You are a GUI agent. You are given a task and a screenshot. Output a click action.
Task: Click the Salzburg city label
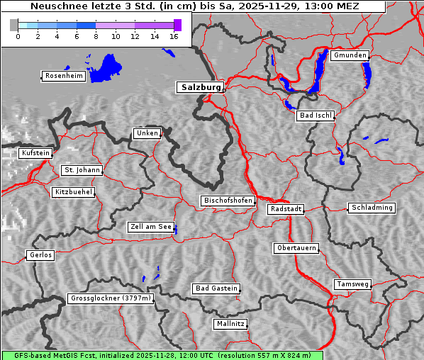point(199,87)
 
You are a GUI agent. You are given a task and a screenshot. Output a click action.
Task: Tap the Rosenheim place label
point(63,76)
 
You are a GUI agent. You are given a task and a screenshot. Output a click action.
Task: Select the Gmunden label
point(349,55)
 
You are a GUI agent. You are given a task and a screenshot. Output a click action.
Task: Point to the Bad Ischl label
point(315,116)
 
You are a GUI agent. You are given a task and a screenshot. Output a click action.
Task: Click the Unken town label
point(147,133)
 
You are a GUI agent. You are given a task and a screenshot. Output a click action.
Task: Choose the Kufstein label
point(35,153)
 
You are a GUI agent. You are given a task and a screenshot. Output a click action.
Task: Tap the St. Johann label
point(82,170)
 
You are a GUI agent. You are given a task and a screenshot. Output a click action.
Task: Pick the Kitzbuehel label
point(73,192)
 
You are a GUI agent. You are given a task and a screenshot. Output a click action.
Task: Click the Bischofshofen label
point(228,201)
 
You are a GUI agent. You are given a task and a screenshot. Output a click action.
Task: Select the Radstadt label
point(286,209)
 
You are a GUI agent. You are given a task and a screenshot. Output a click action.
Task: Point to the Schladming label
point(372,208)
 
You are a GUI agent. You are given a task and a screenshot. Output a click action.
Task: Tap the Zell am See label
point(150,227)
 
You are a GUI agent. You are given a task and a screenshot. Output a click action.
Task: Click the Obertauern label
point(296,248)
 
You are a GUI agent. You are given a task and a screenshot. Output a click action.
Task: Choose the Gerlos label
point(40,255)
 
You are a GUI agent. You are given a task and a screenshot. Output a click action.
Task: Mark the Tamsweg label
point(352,284)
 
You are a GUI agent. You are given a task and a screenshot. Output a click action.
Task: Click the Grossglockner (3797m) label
point(111,299)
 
